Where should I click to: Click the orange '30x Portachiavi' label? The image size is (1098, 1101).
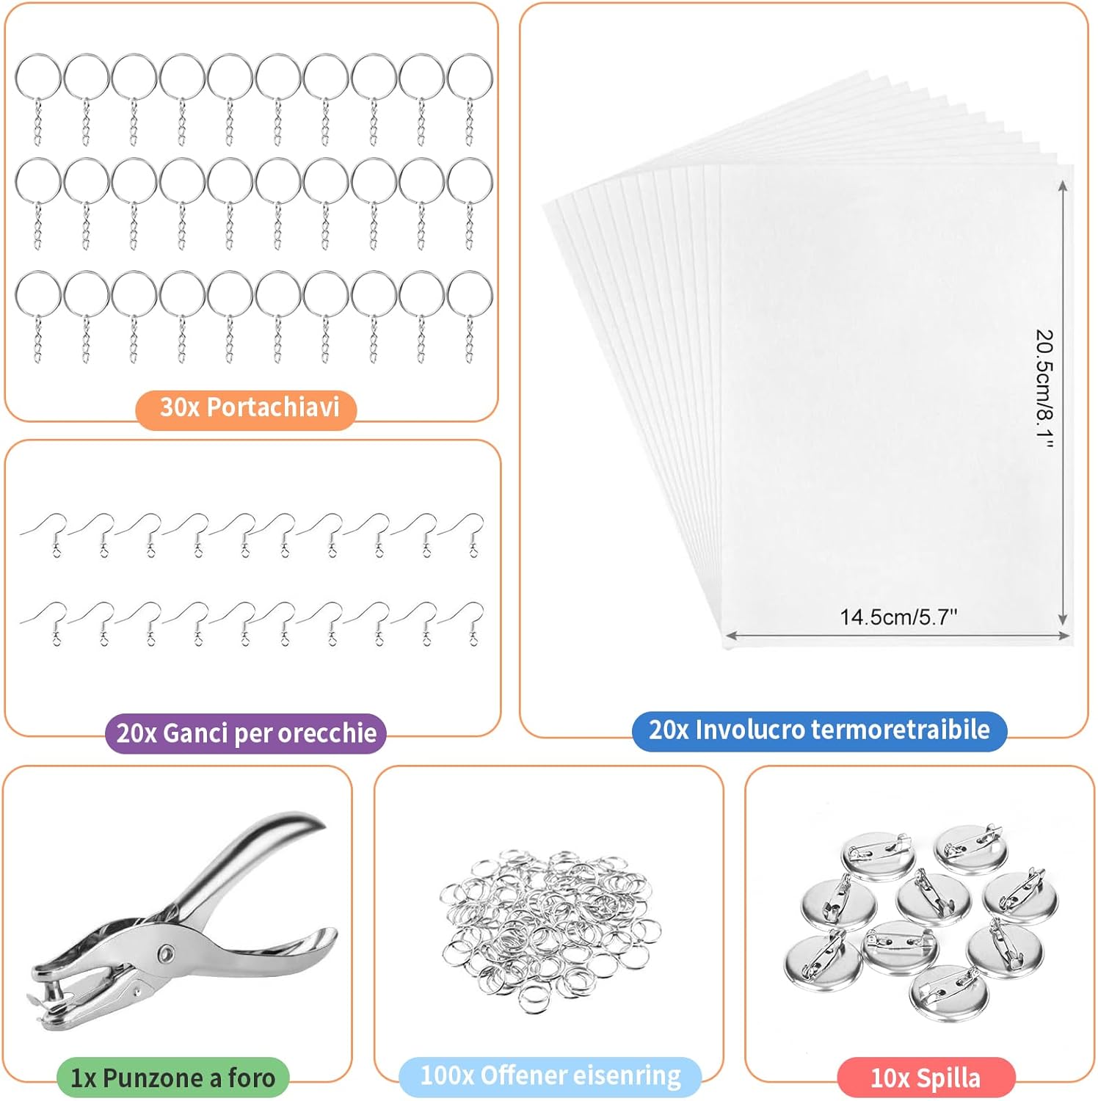tap(247, 407)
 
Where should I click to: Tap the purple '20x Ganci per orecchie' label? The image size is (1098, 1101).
tap(247, 733)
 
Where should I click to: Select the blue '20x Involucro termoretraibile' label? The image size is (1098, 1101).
tap(819, 730)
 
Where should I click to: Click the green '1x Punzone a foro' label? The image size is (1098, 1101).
tap(173, 1077)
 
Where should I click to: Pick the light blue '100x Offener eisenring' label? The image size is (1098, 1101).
tap(550, 1076)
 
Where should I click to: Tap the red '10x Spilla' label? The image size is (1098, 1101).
tap(926, 1078)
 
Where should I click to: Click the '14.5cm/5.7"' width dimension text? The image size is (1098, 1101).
tap(898, 617)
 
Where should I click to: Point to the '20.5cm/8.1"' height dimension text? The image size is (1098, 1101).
tap(1044, 389)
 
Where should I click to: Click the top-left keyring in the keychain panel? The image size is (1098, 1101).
tap(38, 77)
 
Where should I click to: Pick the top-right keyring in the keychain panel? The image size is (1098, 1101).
tap(470, 77)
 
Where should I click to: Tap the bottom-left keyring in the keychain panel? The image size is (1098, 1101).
tap(38, 294)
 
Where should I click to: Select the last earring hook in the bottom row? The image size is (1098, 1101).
tap(467, 620)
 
